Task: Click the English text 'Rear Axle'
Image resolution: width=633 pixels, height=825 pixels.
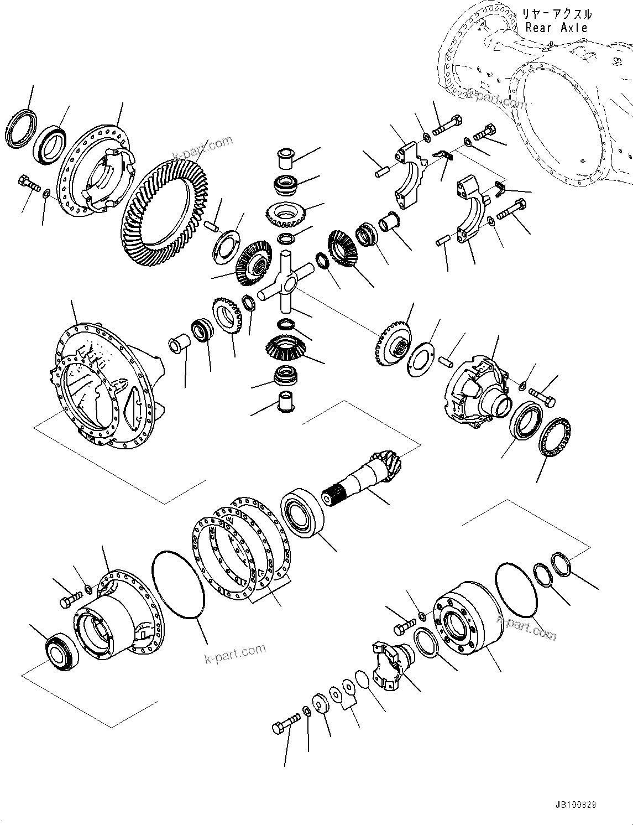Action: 557,28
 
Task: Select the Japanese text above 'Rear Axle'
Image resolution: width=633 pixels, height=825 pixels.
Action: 557,14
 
